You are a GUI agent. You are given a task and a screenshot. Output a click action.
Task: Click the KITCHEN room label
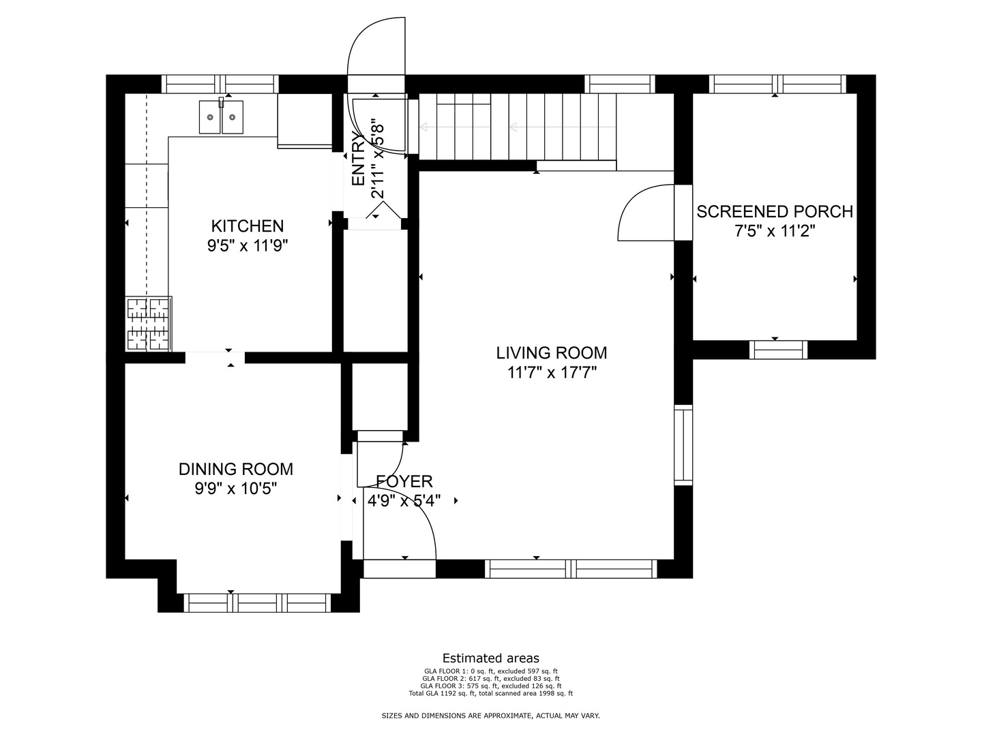click(248, 226)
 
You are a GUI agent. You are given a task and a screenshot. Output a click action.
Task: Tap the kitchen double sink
click(221, 117)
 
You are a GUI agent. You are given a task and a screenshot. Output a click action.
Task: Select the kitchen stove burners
click(149, 324)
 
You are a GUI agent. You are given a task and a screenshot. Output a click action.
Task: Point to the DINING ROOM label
click(236, 470)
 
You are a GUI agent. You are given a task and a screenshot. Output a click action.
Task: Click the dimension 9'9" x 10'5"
click(236, 489)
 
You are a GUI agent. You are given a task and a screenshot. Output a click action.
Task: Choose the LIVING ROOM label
click(552, 353)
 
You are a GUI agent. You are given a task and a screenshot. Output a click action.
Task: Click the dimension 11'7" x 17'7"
click(552, 373)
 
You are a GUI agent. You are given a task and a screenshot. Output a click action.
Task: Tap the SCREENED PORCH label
click(775, 212)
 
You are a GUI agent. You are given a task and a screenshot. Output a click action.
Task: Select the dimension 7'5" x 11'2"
click(775, 231)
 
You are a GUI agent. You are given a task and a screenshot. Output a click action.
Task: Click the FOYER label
click(404, 481)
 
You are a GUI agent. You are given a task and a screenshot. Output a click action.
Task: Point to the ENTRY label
click(358, 159)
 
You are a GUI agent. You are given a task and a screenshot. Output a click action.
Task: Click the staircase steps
click(517, 127)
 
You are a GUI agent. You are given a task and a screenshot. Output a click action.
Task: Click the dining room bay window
click(257, 603)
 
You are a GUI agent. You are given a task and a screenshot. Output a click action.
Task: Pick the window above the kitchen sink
click(220, 84)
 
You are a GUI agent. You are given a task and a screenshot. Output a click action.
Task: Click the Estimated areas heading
click(491, 658)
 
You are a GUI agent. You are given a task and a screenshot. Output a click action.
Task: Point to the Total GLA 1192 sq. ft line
click(491, 694)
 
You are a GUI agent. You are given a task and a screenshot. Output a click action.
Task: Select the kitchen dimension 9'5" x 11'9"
click(248, 246)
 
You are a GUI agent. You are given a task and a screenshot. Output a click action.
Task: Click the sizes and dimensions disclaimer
click(491, 716)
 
